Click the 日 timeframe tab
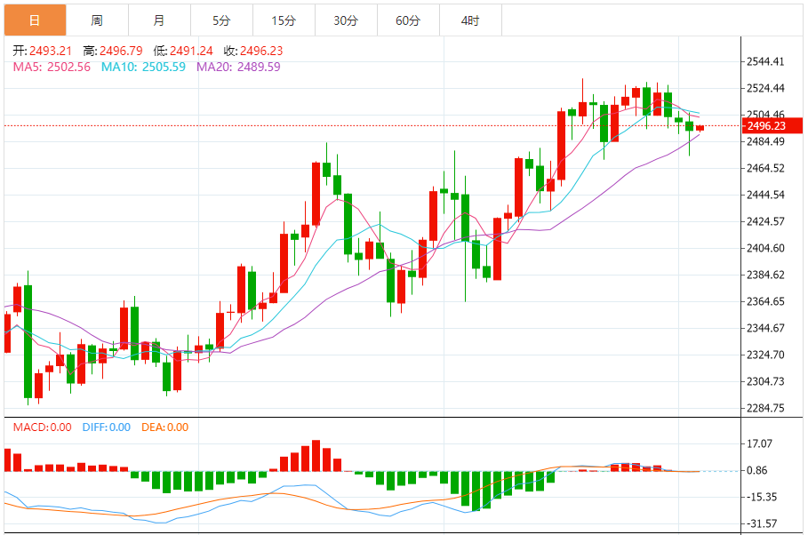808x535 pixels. pyautogui.click(x=34, y=20)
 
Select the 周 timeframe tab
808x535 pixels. pyautogui.click(x=96, y=20)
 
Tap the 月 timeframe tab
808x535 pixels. pyautogui.click(x=158, y=20)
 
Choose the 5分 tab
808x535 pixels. pyautogui.click(x=221, y=20)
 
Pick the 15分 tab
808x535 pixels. pyautogui.click(x=284, y=20)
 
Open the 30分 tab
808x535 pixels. pyautogui.click(x=346, y=20)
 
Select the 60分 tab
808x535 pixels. pyautogui.click(x=408, y=20)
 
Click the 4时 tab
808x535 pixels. pyautogui.click(x=470, y=20)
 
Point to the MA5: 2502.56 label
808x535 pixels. pyautogui.click(x=52, y=67)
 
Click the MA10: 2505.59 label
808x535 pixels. pyautogui.click(x=143, y=67)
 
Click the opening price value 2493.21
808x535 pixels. pyautogui.click(x=51, y=51)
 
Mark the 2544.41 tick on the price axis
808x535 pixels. pyautogui.click(x=765, y=62)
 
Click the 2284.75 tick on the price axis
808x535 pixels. pyautogui.click(x=765, y=409)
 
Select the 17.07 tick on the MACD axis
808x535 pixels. pyautogui.click(x=760, y=443)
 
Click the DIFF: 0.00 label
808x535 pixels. pyautogui.click(x=106, y=427)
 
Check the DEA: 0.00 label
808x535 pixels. pyautogui.click(x=164, y=427)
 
